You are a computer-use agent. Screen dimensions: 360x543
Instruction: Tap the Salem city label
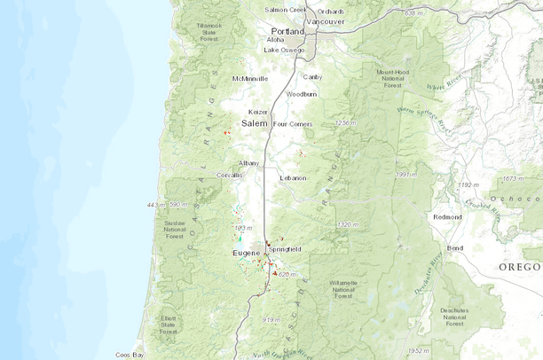[x=255, y=124]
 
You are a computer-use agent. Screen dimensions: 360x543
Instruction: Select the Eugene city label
[x=246, y=254]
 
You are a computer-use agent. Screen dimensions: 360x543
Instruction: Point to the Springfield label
[x=285, y=249]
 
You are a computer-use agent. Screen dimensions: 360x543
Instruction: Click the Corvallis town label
[x=228, y=176]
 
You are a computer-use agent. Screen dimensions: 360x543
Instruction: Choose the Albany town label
[x=249, y=163]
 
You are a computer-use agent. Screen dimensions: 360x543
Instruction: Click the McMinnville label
[x=250, y=79]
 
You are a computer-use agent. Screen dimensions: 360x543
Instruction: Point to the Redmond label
[x=447, y=217]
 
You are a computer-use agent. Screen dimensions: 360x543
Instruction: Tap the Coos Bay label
[x=130, y=354]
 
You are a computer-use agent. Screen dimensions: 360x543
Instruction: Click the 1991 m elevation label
[x=405, y=175]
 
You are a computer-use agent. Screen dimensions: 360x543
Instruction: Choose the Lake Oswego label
[x=283, y=50]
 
